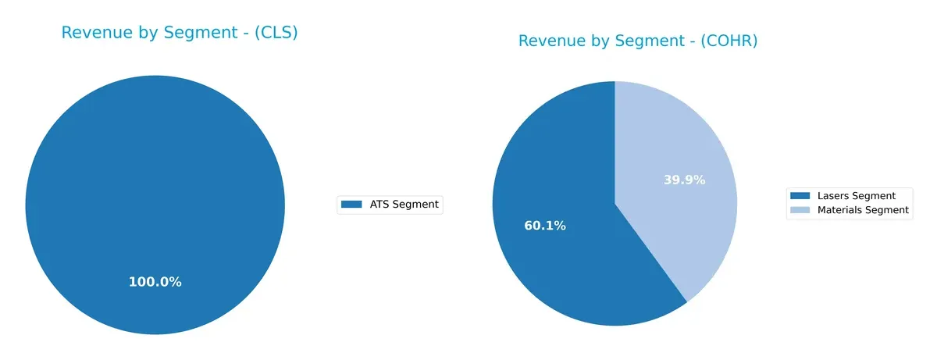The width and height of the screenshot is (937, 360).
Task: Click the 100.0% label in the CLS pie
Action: tap(155, 282)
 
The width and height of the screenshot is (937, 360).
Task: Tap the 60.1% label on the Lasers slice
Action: tap(545, 226)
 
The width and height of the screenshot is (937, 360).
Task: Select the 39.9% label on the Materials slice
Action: tap(684, 180)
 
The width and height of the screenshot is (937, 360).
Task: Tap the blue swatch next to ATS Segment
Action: tap(352, 205)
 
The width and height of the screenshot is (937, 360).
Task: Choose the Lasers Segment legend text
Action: tap(856, 195)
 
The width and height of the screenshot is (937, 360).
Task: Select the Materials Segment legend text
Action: tap(863, 210)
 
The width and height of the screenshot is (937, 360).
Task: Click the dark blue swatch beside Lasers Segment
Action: tap(800, 195)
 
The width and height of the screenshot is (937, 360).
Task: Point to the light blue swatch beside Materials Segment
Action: tap(800, 210)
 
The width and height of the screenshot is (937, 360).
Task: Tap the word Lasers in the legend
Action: tap(833, 195)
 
